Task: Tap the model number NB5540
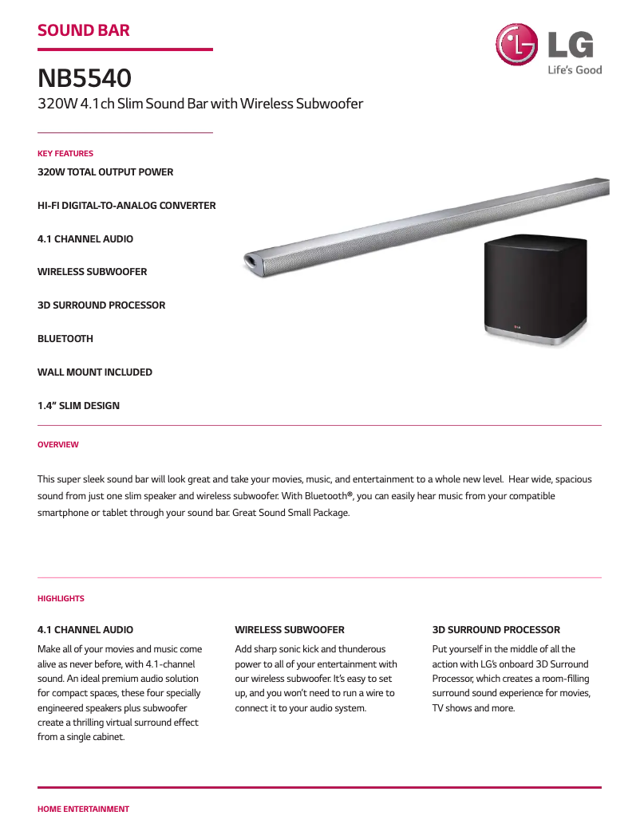[85, 79]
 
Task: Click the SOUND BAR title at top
[84, 31]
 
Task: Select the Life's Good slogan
[575, 70]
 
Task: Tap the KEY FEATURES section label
[65, 153]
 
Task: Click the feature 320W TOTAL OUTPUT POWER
[105, 172]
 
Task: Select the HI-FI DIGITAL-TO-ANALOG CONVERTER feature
[126, 206]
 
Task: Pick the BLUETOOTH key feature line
[65, 339]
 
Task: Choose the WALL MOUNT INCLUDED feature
[95, 372]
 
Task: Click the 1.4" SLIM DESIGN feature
[78, 406]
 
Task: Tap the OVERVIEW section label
[58, 444]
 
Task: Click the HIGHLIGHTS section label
[61, 598]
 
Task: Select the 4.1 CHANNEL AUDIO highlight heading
[85, 630]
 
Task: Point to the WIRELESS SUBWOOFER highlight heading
[290, 630]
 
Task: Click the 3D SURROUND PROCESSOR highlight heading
[496, 630]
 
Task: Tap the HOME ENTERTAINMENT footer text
[83, 809]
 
